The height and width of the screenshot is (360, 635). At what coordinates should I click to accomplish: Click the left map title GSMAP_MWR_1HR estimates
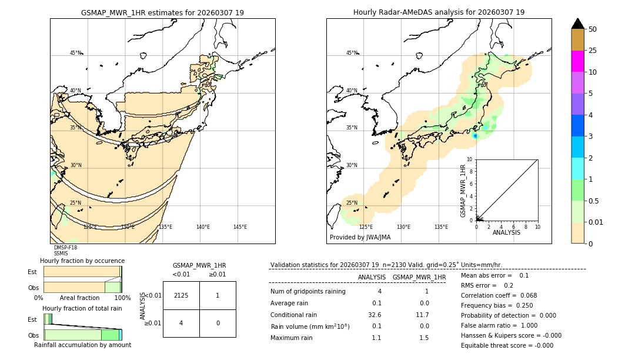click(x=162, y=12)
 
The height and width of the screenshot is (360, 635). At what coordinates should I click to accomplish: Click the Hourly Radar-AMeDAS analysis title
click(x=439, y=12)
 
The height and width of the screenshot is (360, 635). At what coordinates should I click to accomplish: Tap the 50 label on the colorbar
click(x=593, y=29)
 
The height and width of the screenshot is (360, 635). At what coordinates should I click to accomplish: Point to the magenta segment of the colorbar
click(x=577, y=61)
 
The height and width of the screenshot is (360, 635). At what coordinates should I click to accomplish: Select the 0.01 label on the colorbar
click(x=596, y=222)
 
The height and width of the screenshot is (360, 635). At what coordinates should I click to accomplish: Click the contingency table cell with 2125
click(x=181, y=295)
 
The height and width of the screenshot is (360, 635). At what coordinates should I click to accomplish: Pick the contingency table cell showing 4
click(x=181, y=322)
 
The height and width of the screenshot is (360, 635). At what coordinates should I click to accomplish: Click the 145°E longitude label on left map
click(x=240, y=227)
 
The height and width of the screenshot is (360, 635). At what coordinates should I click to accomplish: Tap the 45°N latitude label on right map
click(x=352, y=53)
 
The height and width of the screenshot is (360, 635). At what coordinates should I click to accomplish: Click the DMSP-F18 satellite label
click(x=65, y=248)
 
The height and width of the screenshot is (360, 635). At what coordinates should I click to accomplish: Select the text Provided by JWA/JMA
click(x=360, y=238)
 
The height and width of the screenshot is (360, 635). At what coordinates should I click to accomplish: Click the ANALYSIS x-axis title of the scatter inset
click(x=506, y=232)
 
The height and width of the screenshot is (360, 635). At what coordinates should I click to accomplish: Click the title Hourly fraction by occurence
click(x=82, y=261)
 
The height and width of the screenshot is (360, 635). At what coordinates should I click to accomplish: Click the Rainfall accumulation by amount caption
click(x=82, y=345)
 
